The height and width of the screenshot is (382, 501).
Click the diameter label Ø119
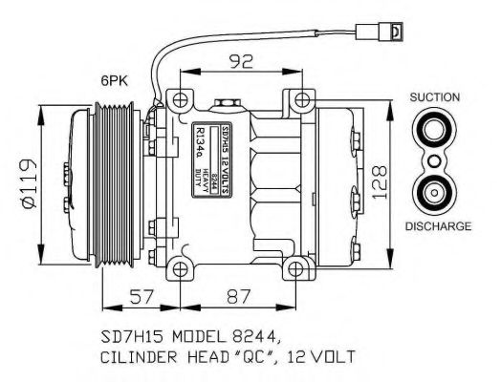click(x=26, y=185)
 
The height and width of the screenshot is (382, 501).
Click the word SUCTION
click(x=435, y=97)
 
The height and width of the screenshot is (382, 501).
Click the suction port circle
click(x=435, y=131)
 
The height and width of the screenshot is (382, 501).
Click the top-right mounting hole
click(x=301, y=98)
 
